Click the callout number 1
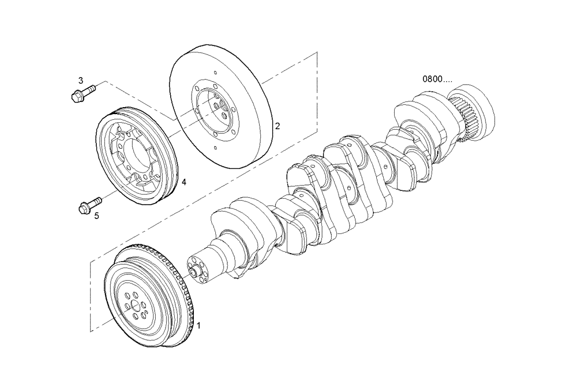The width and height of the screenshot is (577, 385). click(199, 326)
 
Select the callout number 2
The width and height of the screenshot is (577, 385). click(277, 126)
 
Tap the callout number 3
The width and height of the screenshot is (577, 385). click(81, 80)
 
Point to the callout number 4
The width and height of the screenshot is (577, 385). click(183, 182)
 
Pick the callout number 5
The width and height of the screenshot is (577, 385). click(96, 216)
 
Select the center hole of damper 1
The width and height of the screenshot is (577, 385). click(134, 306)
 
